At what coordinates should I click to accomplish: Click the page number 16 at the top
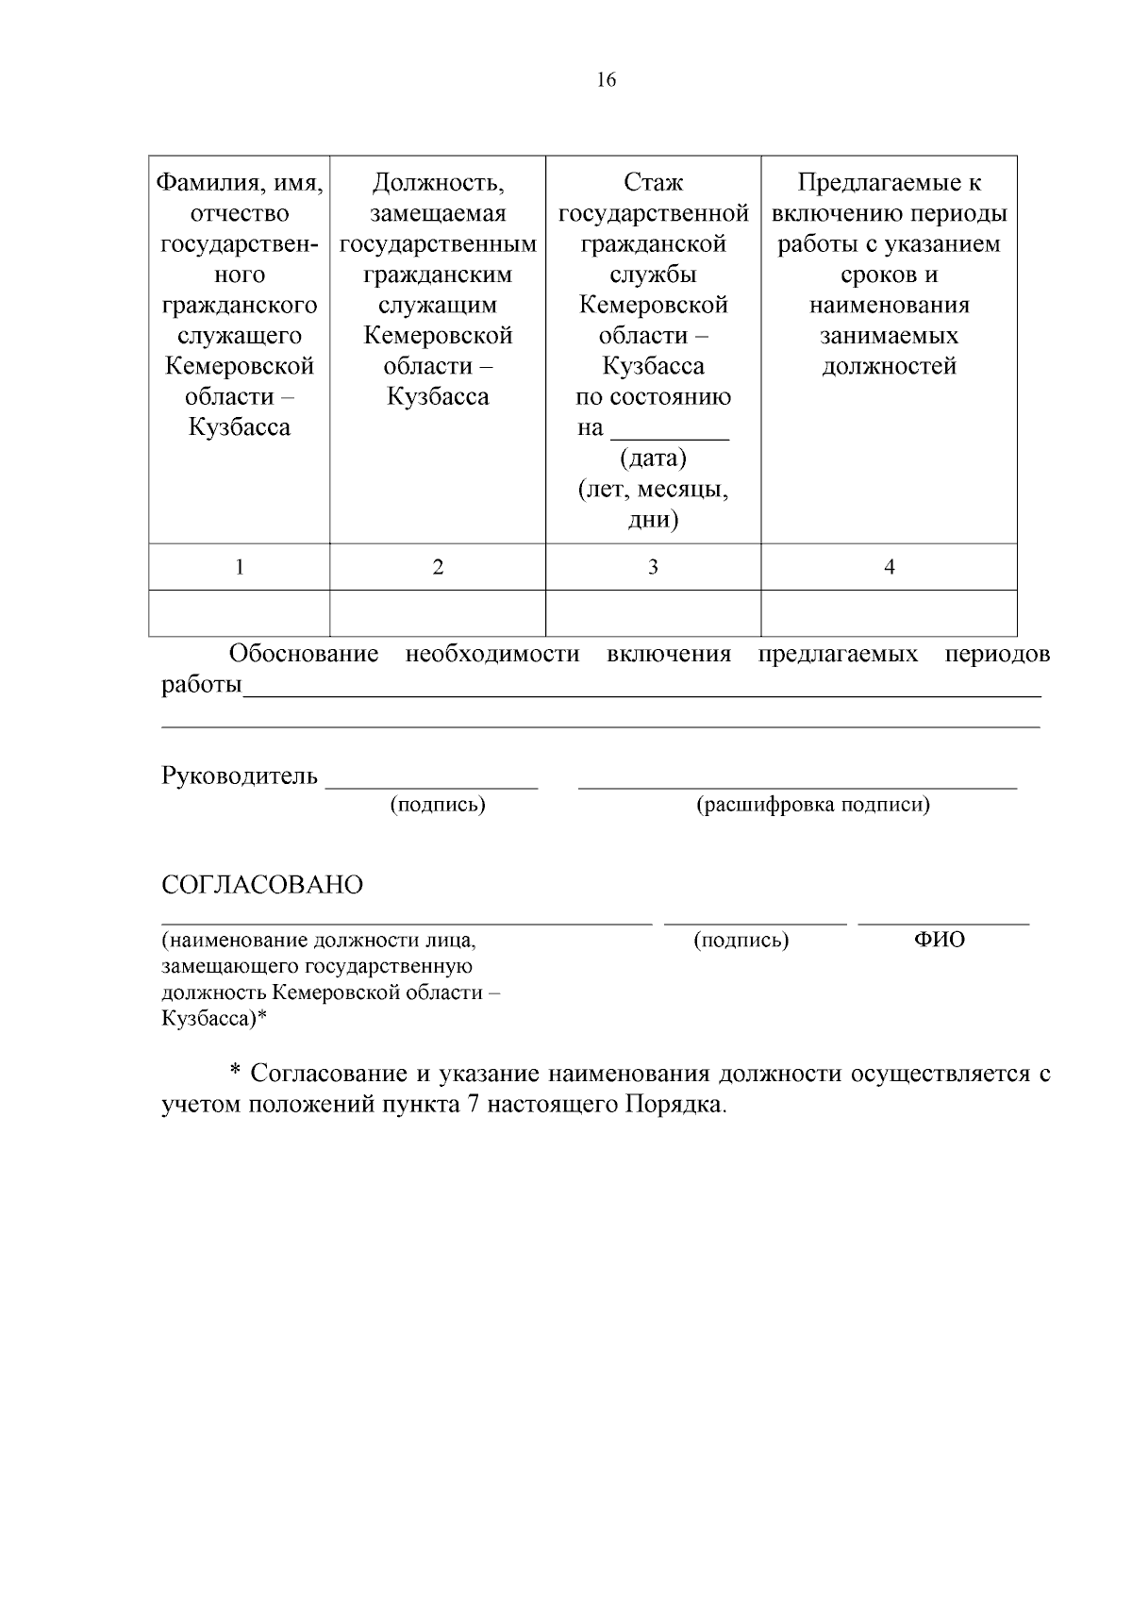(x=606, y=80)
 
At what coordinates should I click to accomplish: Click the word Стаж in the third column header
(x=653, y=183)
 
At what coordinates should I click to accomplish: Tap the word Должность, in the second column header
(x=438, y=183)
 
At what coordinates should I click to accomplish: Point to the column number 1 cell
(x=239, y=567)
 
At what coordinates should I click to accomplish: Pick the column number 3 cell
(x=653, y=567)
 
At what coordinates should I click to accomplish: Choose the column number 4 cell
(x=889, y=567)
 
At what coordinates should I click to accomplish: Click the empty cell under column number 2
(x=438, y=613)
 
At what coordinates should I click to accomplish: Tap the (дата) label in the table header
(x=653, y=459)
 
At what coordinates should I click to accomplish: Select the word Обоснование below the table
(x=305, y=654)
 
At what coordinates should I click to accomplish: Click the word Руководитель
(x=240, y=776)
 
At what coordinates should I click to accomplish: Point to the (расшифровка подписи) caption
(x=813, y=805)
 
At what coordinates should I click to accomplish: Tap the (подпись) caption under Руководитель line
(x=438, y=805)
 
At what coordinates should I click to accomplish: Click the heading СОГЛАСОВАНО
(x=262, y=886)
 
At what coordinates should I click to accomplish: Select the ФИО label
(x=940, y=940)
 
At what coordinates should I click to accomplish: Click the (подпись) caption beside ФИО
(x=741, y=940)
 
